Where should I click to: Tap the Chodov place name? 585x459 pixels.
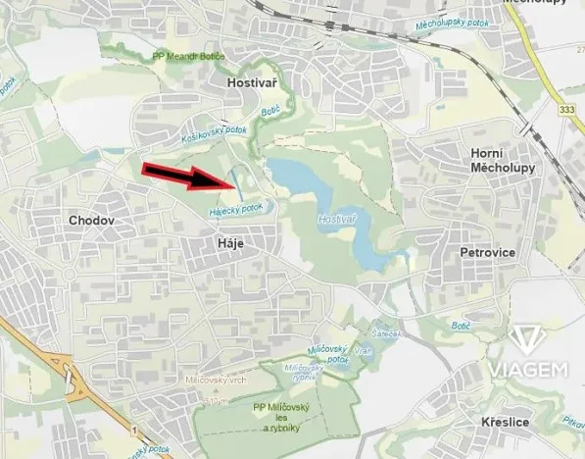pyautogui.click(x=91, y=221)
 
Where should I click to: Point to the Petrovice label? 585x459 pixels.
pyautogui.click(x=488, y=252)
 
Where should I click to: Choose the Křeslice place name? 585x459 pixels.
pyautogui.click(x=506, y=422)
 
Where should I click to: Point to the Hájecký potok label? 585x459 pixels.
pyautogui.click(x=236, y=210)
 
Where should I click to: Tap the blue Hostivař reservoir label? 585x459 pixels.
pyautogui.click(x=336, y=221)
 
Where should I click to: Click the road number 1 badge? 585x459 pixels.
pyautogui.click(x=133, y=430)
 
